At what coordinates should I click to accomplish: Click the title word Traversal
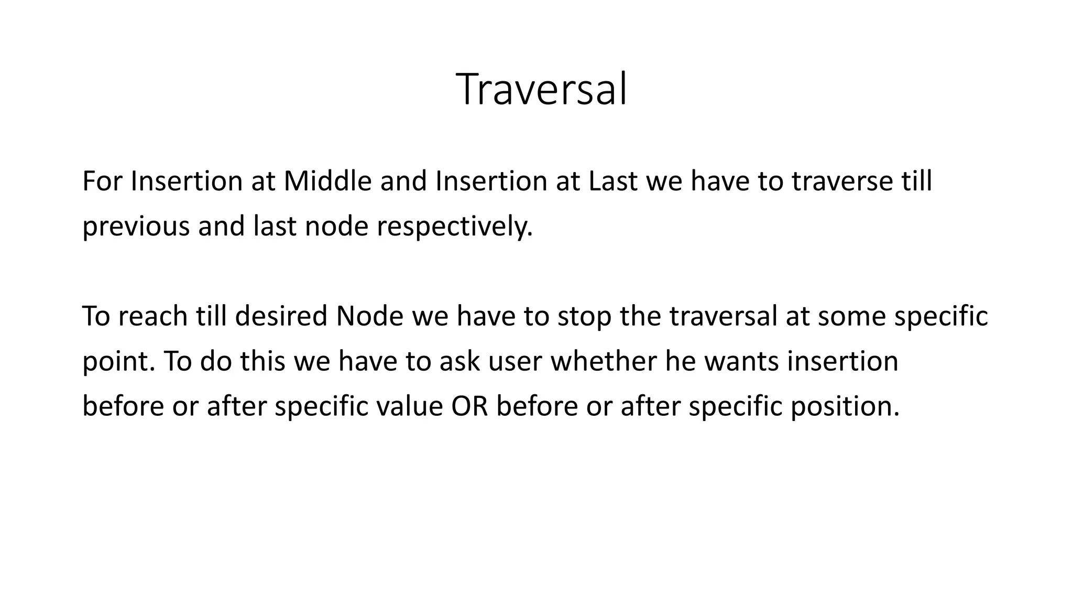[x=541, y=89]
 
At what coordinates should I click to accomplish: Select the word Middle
[x=327, y=181]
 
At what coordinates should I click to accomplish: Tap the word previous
[x=136, y=226]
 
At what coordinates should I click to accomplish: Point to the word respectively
[x=454, y=226]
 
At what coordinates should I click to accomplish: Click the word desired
[x=281, y=316]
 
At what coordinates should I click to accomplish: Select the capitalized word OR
[x=469, y=406]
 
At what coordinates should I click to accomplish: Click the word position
[x=845, y=406]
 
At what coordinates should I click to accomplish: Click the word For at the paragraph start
[x=102, y=181]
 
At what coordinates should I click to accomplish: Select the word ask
[x=459, y=361]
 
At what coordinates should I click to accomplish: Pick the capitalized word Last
[x=613, y=181]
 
